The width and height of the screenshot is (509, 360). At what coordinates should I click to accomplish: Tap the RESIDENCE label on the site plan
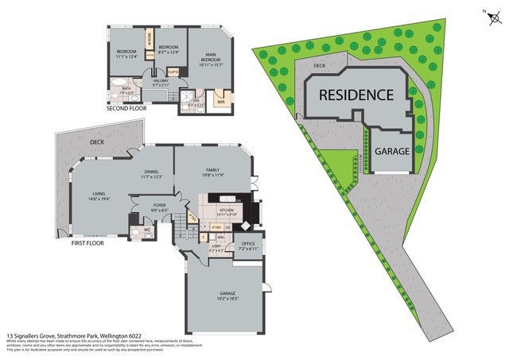coord(356,95)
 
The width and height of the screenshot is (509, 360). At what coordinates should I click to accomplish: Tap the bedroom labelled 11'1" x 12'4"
coord(126,55)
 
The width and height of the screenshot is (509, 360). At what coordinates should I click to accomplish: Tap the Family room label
coord(212,172)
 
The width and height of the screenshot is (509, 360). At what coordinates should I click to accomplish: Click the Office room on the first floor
coord(250,246)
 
